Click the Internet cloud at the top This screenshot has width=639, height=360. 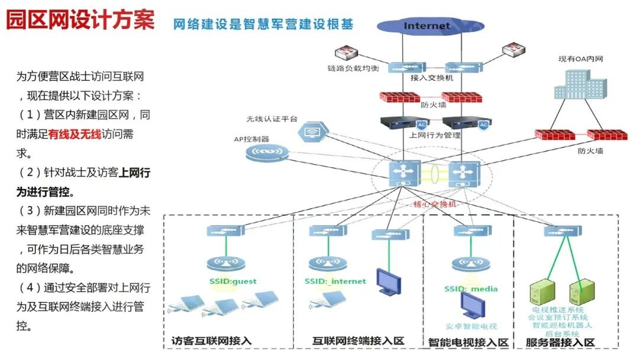tap(427, 25)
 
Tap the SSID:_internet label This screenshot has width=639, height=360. tap(335, 281)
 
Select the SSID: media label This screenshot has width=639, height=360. tap(471, 289)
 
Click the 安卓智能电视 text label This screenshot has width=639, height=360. tap(472, 326)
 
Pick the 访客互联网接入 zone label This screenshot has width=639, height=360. tap(211, 341)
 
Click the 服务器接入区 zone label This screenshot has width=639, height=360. tap(560, 342)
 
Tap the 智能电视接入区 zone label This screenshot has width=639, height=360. tap(469, 342)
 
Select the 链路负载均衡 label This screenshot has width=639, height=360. tap(353, 68)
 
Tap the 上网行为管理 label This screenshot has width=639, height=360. tap(435, 135)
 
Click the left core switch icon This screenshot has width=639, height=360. tap(405, 175)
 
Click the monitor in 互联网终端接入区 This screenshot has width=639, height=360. tap(388, 281)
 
